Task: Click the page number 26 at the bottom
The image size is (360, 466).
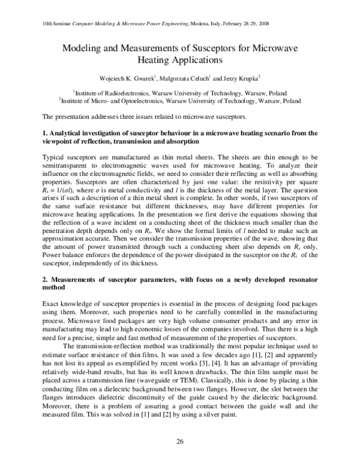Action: (x=179, y=443)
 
